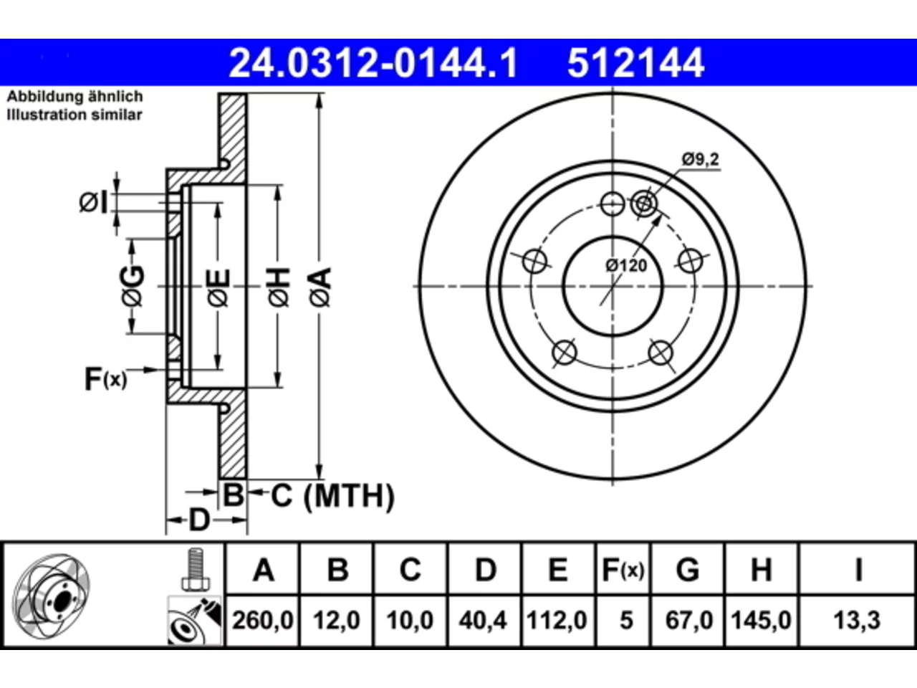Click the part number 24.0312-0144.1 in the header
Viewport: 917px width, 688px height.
tap(373, 63)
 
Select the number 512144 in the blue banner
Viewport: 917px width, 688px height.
tap(635, 63)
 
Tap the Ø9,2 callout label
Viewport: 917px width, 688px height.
tap(701, 159)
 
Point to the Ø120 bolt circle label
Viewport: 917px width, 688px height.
tap(626, 265)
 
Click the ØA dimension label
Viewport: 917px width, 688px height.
tap(320, 287)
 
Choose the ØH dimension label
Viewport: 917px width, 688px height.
tap(279, 287)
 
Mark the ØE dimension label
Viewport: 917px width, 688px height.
tap(219, 288)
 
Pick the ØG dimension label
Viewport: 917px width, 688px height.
tap(133, 286)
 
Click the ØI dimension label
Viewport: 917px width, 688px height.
tap(94, 203)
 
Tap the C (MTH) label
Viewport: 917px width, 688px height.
tap(332, 496)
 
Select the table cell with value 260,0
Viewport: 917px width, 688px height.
tap(262, 621)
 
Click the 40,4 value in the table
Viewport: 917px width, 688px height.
tap(483, 621)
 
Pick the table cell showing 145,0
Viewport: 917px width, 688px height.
tap(761, 621)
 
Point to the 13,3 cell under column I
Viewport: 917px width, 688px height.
tap(858, 621)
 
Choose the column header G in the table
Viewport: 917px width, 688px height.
tap(688, 569)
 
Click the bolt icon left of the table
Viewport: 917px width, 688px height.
tap(196, 570)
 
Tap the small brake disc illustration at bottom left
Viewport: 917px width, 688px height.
tap(52, 596)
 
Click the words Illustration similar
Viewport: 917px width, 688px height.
tap(75, 115)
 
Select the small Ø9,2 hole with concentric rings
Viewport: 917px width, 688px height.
tap(644, 204)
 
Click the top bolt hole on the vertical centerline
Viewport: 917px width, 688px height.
tap(613, 204)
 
